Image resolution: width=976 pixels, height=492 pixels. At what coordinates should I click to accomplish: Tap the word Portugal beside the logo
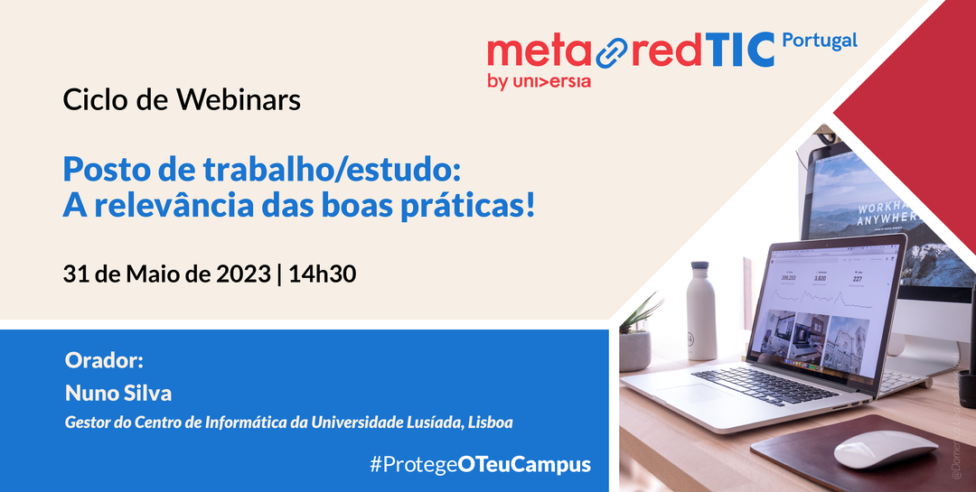(x=819, y=42)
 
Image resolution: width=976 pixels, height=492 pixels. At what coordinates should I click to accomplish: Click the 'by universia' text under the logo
(x=539, y=82)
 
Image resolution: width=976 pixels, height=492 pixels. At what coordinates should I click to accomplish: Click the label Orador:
(x=105, y=361)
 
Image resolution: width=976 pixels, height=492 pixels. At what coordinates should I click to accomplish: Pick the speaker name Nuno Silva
(x=118, y=394)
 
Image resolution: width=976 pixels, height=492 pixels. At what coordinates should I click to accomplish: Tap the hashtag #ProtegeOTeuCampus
(x=480, y=465)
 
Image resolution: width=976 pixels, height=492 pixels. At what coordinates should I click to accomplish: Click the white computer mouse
(x=885, y=448)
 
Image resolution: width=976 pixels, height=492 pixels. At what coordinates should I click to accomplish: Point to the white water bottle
(x=701, y=311)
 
